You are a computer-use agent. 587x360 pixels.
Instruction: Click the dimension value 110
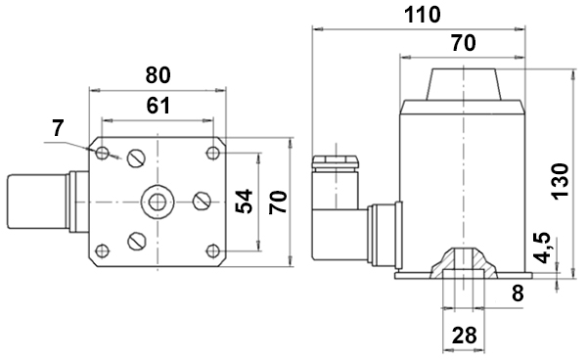(422, 15)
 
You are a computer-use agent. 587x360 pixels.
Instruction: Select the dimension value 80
(158, 75)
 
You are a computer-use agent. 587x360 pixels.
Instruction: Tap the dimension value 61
(158, 106)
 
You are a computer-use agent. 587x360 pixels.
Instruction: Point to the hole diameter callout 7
(58, 128)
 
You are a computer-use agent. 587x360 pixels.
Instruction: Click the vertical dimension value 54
(244, 202)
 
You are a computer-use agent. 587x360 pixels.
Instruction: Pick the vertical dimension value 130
(560, 182)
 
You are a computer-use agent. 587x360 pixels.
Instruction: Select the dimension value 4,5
(542, 247)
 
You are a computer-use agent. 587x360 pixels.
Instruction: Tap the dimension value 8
(518, 293)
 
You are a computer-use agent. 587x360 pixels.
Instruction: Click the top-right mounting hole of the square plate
(213, 153)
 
